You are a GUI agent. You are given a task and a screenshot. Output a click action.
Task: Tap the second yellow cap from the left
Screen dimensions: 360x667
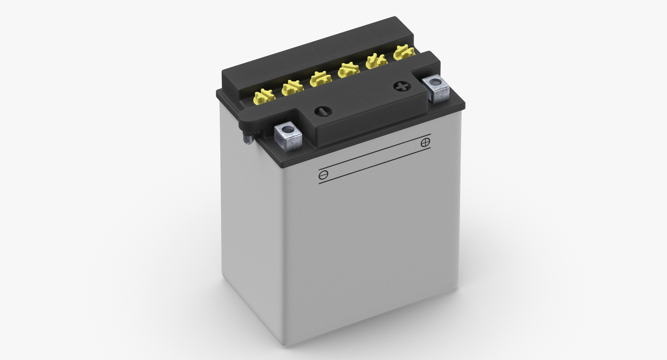coord(293,88)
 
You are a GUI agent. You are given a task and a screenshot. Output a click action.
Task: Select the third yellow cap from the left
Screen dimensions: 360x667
coord(321,78)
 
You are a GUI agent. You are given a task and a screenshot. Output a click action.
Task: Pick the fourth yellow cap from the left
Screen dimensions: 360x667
coord(349,70)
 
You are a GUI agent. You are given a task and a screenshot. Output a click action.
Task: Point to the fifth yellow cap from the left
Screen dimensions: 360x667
coord(377,61)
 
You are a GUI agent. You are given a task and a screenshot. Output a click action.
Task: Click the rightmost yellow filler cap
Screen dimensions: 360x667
coord(404,52)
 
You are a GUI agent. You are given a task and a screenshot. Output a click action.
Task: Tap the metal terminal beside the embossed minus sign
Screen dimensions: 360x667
coord(288,137)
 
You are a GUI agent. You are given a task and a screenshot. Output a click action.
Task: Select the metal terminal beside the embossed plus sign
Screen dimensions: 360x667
coord(436,89)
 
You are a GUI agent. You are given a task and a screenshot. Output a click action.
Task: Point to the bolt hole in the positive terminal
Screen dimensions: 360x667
coord(435,82)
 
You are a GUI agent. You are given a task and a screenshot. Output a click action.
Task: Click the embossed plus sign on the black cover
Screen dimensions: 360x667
coord(402,86)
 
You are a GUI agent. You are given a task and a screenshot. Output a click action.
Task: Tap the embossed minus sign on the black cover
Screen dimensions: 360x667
coord(323,111)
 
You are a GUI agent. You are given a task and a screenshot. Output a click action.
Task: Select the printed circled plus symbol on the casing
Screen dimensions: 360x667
coord(425,142)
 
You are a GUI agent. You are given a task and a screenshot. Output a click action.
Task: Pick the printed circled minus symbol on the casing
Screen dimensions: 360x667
coord(323,175)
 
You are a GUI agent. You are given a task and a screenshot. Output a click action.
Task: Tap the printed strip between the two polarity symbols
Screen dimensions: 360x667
coord(374,158)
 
